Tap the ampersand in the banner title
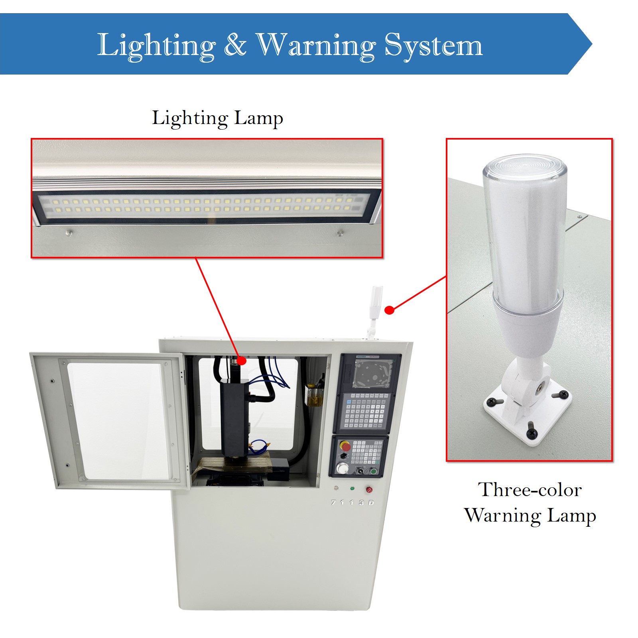click(x=235, y=44)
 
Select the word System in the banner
click(x=433, y=45)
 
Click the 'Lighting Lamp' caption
click(x=217, y=118)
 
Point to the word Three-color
click(x=530, y=490)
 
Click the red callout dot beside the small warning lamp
click(x=390, y=310)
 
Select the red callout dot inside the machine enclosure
click(x=241, y=361)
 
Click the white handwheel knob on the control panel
click(x=342, y=468)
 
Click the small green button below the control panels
click(x=352, y=488)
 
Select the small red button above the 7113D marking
click(x=369, y=489)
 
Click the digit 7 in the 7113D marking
click(x=333, y=503)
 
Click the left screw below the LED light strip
click(x=69, y=232)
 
